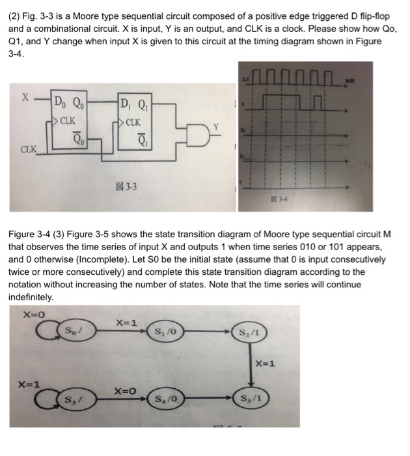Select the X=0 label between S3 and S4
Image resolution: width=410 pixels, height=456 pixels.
(x=125, y=391)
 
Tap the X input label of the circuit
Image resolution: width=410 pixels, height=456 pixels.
(x=25, y=98)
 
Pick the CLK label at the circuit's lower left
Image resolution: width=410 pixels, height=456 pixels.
(x=29, y=149)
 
